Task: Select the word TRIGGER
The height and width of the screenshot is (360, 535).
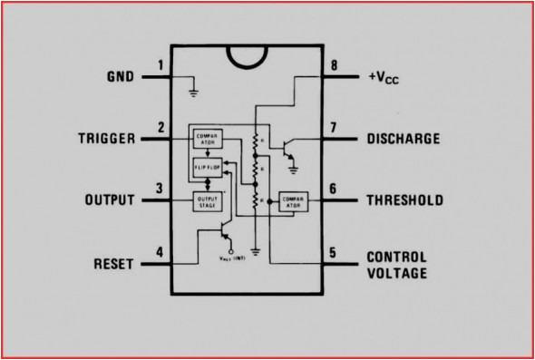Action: pos(105,139)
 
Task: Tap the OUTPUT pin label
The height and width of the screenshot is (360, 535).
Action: pos(109,199)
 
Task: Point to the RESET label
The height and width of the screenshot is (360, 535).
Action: pos(115,265)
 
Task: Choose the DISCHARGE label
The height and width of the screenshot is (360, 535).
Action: pos(404,140)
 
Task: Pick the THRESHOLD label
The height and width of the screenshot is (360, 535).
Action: pos(404,199)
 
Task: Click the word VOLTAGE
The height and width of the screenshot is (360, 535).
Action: pos(396,272)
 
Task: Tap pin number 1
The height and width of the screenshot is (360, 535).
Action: pos(160,65)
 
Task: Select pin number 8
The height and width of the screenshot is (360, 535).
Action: pos(335,65)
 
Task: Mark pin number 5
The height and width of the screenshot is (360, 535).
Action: pos(334,253)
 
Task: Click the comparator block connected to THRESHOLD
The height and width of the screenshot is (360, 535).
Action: pos(291,200)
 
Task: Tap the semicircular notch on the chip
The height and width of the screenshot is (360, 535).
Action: pos(248,54)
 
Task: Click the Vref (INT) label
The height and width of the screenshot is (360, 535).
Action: pos(233,258)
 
